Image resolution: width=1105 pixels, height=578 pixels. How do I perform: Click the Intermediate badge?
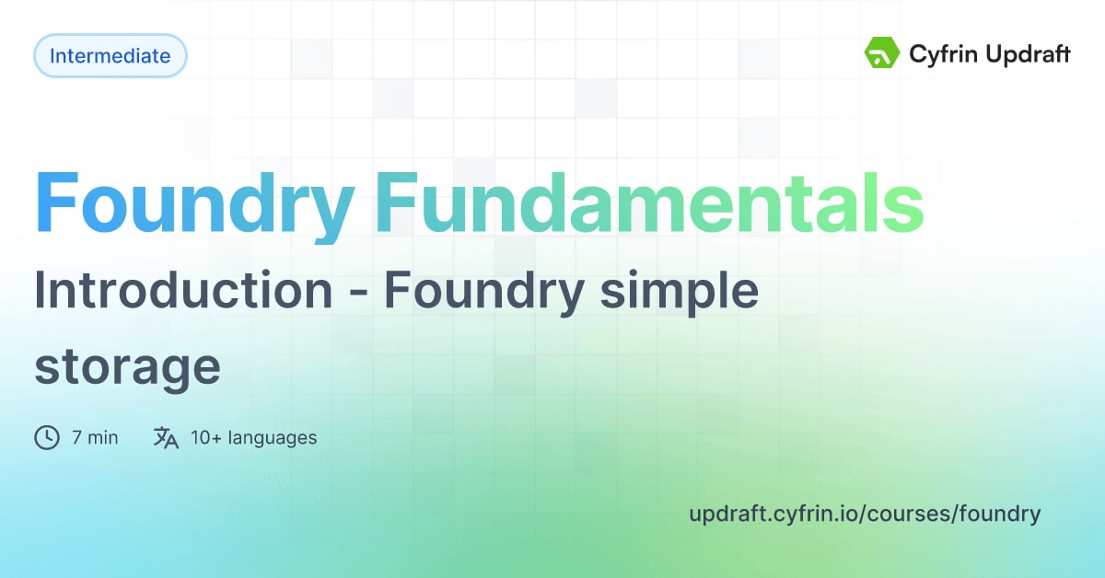(x=110, y=56)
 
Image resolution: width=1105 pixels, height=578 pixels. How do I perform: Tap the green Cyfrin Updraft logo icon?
(x=880, y=53)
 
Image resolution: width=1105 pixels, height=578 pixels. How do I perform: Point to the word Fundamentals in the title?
(x=649, y=204)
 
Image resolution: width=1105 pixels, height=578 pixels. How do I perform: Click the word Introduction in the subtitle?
(x=183, y=291)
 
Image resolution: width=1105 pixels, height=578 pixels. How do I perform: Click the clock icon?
(x=47, y=437)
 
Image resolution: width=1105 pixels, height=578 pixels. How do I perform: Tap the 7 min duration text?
(x=95, y=437)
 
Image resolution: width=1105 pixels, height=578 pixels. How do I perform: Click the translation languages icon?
(x=166, y=437)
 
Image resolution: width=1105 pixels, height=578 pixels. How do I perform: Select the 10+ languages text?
(x=253, y=437)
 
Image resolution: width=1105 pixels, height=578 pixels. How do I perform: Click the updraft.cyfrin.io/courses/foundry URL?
(x=865, y=514)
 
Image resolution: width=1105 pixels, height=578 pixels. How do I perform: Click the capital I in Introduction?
(x=41, y=291)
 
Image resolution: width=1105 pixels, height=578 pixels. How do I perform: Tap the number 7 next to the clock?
(x=76, y=437)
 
